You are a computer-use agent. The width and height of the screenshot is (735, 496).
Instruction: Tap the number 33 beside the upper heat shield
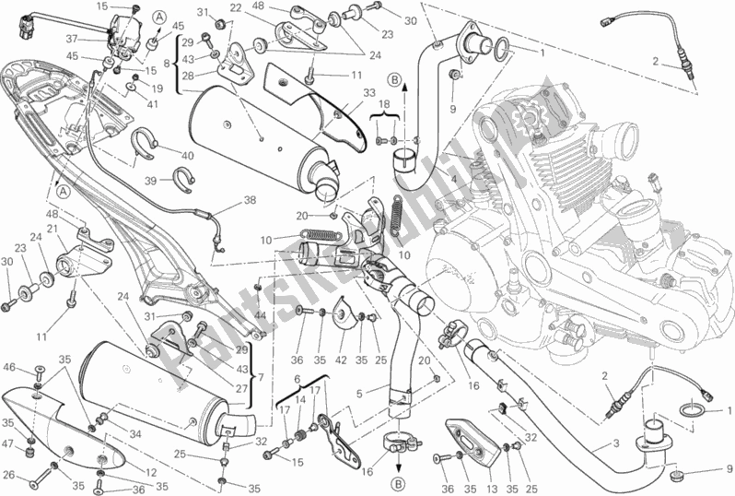344,92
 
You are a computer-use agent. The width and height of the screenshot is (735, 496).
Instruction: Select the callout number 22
236,7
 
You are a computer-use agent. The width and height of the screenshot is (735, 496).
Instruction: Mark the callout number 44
262,315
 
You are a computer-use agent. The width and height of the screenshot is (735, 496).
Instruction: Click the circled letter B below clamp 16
398,483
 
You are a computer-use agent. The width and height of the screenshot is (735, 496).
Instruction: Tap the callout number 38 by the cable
223,199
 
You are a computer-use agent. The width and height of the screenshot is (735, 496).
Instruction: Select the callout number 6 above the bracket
297,378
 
